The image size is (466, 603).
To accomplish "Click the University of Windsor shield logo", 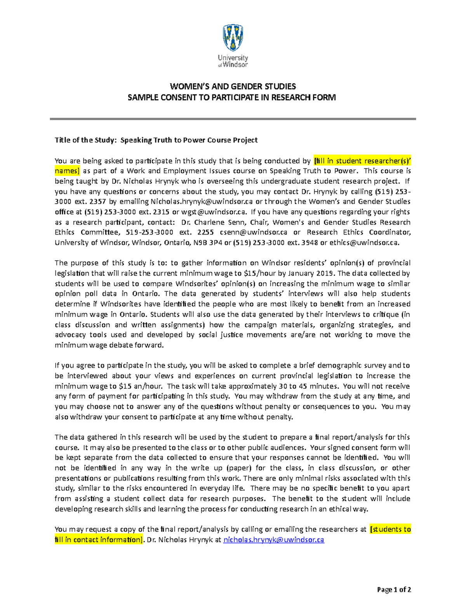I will tap(233, 38).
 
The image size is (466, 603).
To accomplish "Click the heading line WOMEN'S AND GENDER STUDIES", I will tap(233, 86).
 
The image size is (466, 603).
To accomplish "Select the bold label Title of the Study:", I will tap(85, 140).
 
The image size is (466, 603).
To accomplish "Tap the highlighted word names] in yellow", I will tap(67, 171).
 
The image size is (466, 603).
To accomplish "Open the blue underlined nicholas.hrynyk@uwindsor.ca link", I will tap(273, 540).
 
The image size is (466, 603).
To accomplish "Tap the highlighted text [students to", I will tap(390, 529).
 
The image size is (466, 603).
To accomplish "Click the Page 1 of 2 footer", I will tap(394, 589).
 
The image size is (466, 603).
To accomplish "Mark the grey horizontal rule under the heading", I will tap(233, 119).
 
